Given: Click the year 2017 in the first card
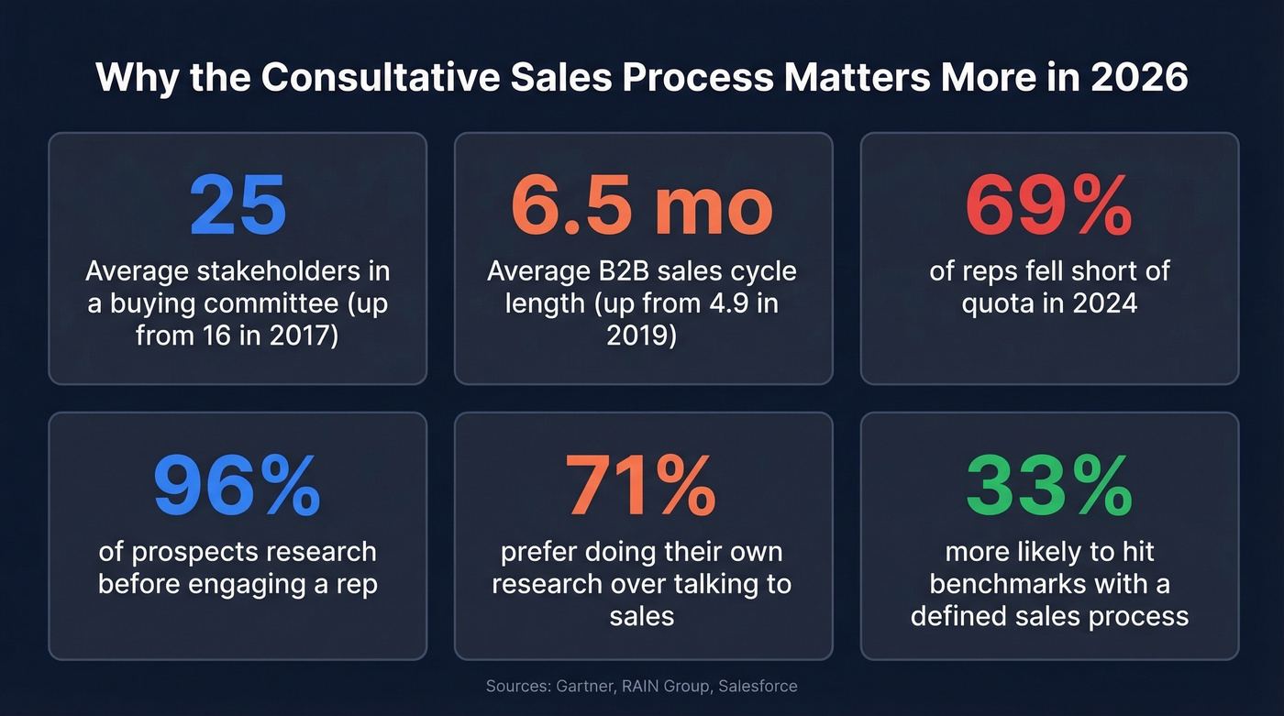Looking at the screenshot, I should pos(300,336).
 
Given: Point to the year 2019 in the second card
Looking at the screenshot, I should pos(641,336).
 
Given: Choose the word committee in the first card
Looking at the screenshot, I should pos(278,303).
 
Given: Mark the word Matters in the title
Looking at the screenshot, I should pos(859,78).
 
